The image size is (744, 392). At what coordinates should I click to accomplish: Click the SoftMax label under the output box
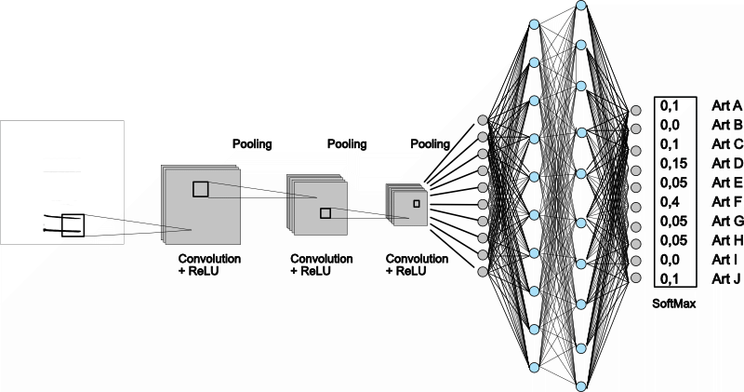pyautogui.click(x=676, y=303)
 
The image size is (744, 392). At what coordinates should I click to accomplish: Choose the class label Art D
pyautogui.click(x=725, y=162)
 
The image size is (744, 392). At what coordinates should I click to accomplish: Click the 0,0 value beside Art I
pyautogui.click(x=668, y=260)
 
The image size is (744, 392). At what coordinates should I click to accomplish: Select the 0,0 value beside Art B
pyautogui.click(x=668, y=124)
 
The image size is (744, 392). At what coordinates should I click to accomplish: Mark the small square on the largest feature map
pyautogui.click(x=201, y=189)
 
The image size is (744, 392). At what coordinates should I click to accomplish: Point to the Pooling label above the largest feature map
pyautogui.click(x=252, y=144)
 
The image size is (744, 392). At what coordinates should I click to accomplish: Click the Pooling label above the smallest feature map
pyautogui.click(x=430, y=144)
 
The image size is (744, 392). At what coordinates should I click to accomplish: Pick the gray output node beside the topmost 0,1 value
pyautogui.click(x=635, y=110)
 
